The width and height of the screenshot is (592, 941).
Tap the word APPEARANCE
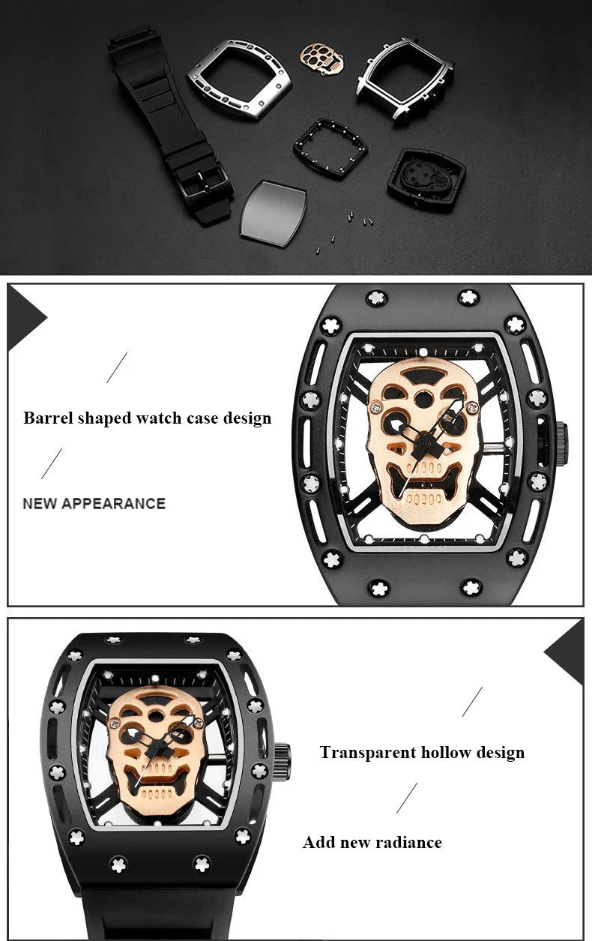113,503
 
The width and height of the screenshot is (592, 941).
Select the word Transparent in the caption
367,752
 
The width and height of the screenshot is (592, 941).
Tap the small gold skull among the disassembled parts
321,58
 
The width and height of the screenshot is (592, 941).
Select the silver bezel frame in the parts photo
239,79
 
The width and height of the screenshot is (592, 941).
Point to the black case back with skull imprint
426,178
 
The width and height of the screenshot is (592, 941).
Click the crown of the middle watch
562,444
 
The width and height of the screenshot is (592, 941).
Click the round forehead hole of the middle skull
423,397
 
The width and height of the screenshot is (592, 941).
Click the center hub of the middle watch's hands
426,444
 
